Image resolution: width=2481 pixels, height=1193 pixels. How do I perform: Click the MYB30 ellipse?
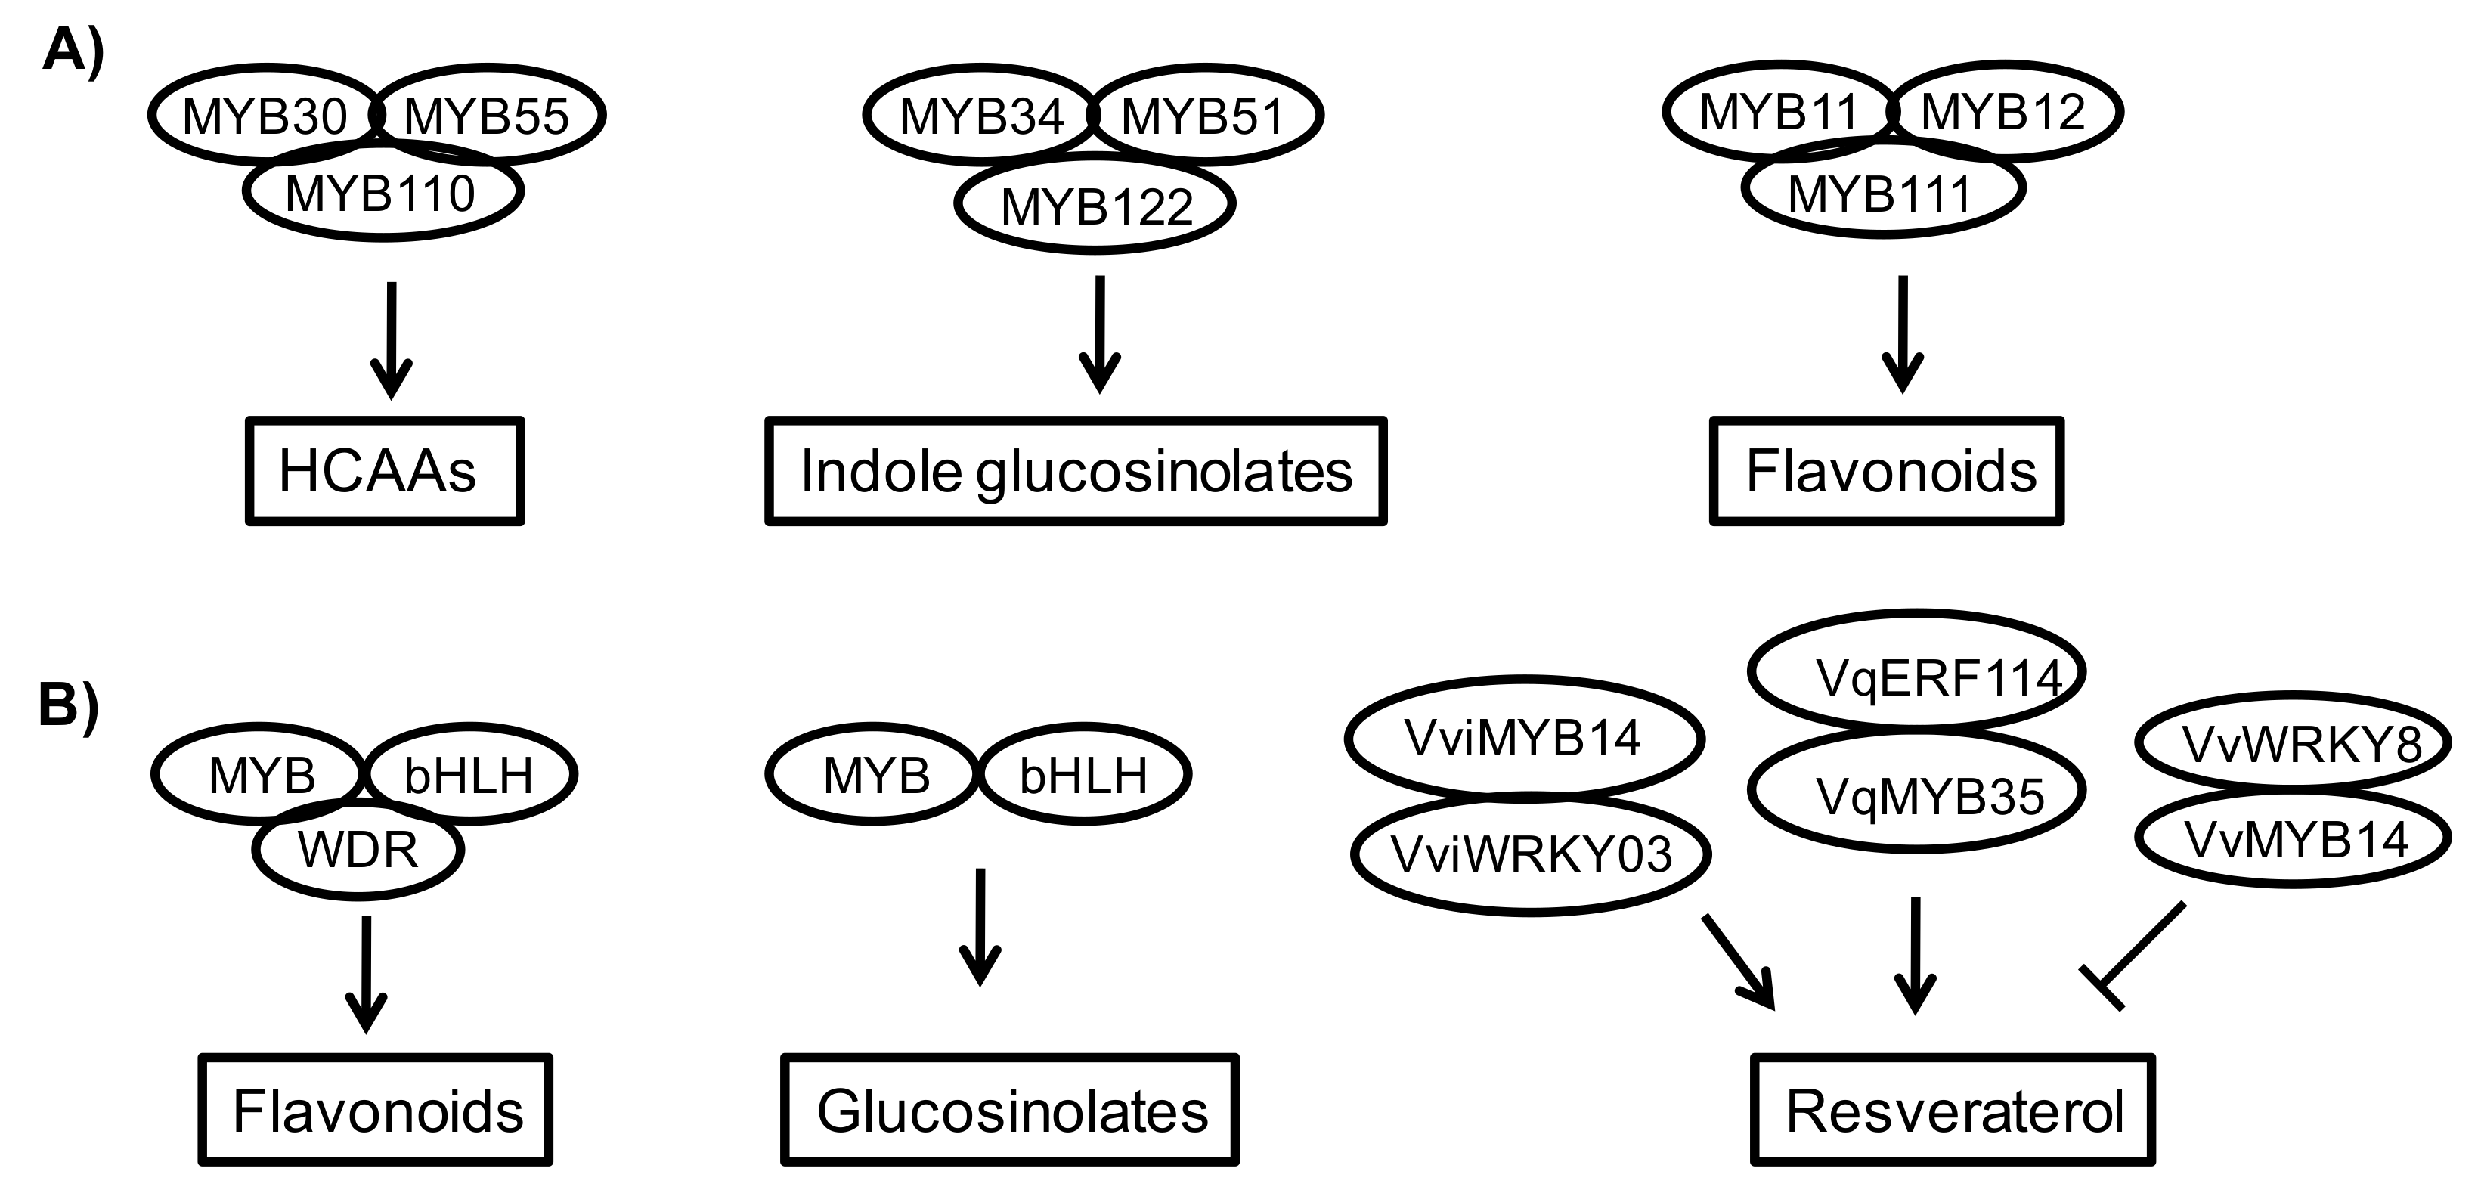pyautogui.click(x=262, y=116)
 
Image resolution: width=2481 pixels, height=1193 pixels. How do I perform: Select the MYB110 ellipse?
pyautogui.click(x=382, y=193)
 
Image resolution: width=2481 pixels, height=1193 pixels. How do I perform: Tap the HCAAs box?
pyautogui.click(x=384, y=471)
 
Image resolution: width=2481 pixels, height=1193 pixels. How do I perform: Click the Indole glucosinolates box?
pyautogui.click(x=1075, y=471)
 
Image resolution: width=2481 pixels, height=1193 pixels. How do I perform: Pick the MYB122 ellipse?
pyautogui.click(x=1095, y=205)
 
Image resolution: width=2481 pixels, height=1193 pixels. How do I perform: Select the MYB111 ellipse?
pyautogui.click(x=1882, y=193)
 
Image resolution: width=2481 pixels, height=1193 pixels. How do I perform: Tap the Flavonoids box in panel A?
pyautogui.click(x=1887, y=471)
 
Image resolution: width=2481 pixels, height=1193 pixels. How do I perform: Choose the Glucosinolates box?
pyautogui.click(x=1009, y=1109)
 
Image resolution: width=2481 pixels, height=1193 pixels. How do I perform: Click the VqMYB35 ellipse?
pyautogui.click(x=1916, y=792)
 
